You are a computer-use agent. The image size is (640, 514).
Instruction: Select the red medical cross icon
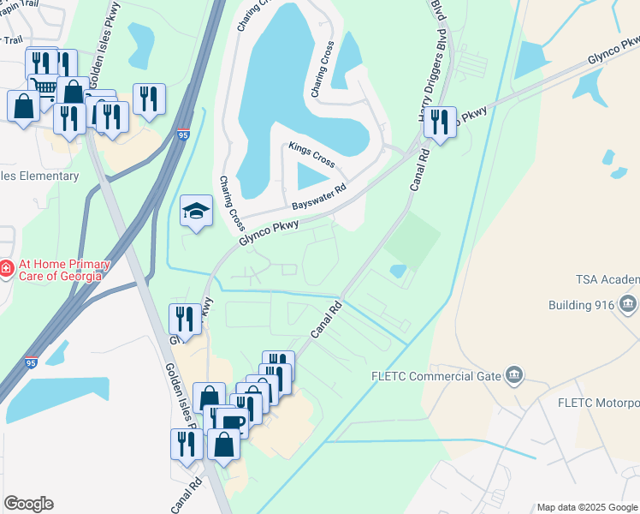pyautogui.click(x=6, y=270)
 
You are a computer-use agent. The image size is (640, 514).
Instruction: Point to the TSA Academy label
pyautogui.click(x=607, y=280)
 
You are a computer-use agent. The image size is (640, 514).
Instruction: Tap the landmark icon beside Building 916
pyautogui.click(x=628, y=304)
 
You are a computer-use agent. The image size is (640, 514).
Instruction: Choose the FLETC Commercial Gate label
pyautogui.click(x=436, y=374)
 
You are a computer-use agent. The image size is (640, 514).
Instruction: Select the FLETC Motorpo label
pyautogui.click(x=598, y=403)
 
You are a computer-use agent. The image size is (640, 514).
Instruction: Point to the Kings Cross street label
pyautogui.click(x=311, y=154)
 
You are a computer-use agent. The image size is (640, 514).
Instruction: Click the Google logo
pyautogui.click(x=28, y=504)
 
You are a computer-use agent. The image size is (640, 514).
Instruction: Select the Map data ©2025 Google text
pyautogui.click(x=587, y=507)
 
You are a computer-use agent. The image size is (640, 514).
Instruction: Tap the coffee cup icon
pyautogui.click(x=232, y=421)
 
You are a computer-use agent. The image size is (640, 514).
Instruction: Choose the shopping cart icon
pyautogui.click(x=43, y=87)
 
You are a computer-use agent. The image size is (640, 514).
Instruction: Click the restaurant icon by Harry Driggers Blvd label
pyautogui.click(x=440, y=122)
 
